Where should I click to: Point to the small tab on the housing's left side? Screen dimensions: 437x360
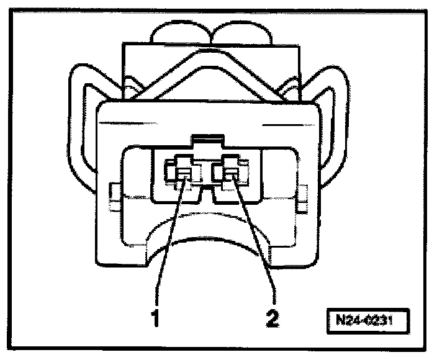click(x=114, y=196)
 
